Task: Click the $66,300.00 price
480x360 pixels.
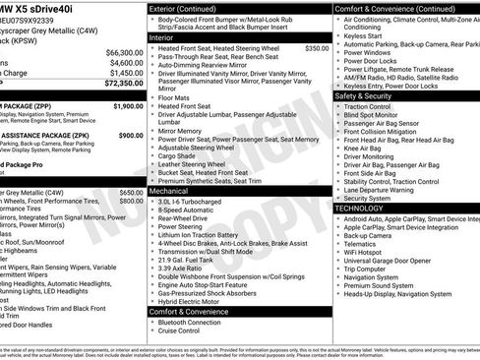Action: (123, 52)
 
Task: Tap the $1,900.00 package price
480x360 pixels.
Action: (128, 105)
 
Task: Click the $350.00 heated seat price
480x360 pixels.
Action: (317, 47)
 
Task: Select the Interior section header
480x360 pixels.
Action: (161, 37)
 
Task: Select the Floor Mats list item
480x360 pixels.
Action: (174, 97)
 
